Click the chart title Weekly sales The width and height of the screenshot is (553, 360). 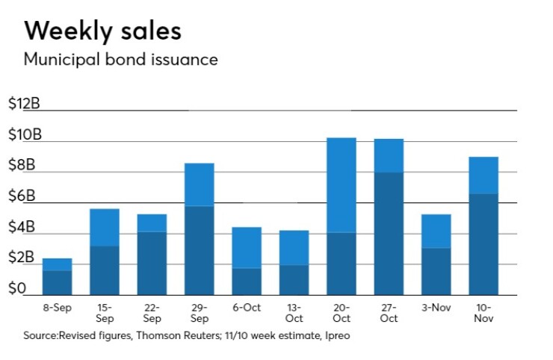[102, 31]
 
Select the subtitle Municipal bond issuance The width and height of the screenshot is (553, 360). [120, 60]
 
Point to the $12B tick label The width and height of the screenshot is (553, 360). [23, 105]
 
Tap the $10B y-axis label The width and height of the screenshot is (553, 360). [23, 135]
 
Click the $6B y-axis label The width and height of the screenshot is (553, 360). [20, 196]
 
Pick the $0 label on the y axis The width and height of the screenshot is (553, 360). [16, 288]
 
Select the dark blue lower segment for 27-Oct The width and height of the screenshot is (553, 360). [389, 233]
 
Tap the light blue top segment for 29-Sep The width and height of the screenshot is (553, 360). [200, 184]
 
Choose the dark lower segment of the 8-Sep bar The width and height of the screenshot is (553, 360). [58, 282]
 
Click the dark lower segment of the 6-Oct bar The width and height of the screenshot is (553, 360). [247, 281]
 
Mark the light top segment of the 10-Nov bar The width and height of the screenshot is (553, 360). [484, 175]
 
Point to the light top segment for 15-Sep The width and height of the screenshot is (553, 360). [105, 227]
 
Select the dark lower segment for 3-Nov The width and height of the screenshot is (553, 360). [436, 270]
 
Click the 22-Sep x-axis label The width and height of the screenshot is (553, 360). [152, 312]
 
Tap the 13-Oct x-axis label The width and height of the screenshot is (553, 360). [294, 312]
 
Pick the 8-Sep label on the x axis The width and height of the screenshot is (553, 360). [58, 306]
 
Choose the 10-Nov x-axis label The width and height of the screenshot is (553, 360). [483, 312]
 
